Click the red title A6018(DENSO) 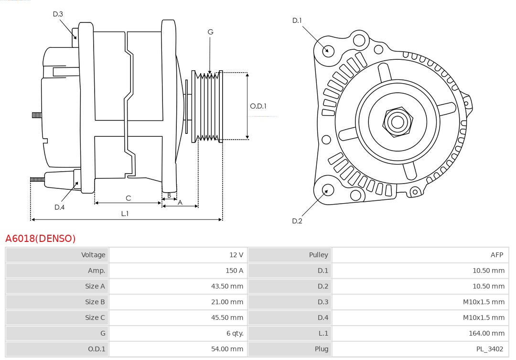click(x=41, y=238)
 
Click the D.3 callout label click(x=58, y=14)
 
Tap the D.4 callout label click(x=59, y=207)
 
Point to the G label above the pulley click(x=210, y=32)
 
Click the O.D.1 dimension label click(x=258, y=106)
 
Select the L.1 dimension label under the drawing click(x=125, y=214)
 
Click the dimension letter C click(x=128, y=198)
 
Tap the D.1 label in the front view click(x=297, y=20)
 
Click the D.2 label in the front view click(x=297, y=221)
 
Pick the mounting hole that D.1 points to click(x=328, y=50)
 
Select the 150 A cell click(x=234, y=271)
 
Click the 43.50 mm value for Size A click(x=227, y=286)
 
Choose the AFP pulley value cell click(x=496, y=255)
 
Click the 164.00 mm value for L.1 click(x=485, y=333)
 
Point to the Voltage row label click(x=93, y=255)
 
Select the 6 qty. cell click(x=232, y=333)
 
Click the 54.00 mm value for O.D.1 click(x=227, y=349)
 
